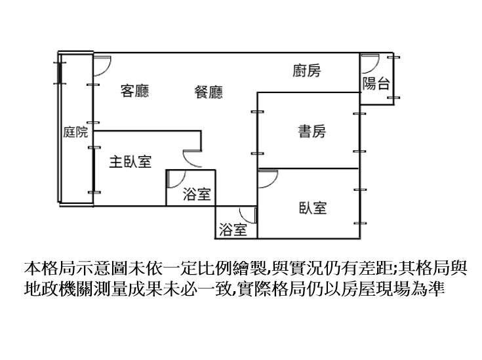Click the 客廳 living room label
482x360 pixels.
(134, 91)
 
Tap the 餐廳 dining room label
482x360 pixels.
(209, 92)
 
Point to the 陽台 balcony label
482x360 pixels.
(376, 83)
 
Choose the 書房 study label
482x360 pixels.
(311, 132)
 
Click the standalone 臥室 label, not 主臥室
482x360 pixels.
(313, 209)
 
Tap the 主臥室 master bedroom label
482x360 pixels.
(130, 161)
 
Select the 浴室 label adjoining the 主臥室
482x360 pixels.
(196, 194)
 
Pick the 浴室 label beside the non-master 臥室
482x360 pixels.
(233, 230)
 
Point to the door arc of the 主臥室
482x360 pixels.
(191, 157)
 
